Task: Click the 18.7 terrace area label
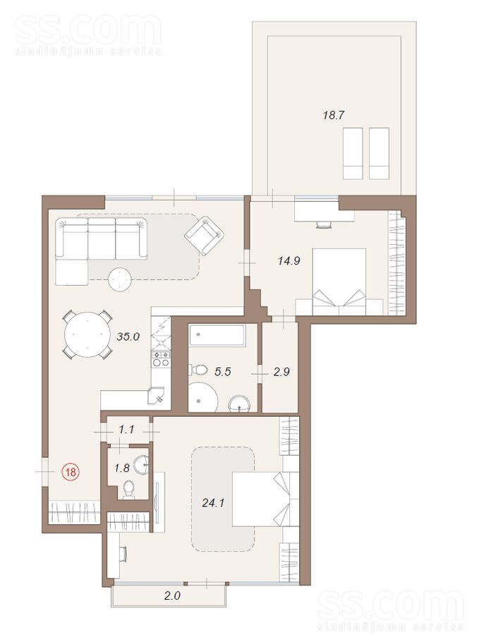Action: [x=333, y=115]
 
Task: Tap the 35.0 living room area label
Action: [x=129, y=337]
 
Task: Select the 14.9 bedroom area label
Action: [x=289, y=260]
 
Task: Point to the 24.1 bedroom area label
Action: [x=213, y=502]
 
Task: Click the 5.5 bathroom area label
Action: [x=223, y=371]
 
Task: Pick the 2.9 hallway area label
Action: [x=281, y=371]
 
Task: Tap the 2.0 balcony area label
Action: [x=172, y=595]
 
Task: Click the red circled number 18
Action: [x=71, y=472]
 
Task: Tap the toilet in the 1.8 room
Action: [x=128, y=490]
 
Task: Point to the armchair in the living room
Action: [x=205, y=235]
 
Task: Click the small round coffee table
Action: [x=120, y=279]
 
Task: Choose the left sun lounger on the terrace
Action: [x=353, y=154]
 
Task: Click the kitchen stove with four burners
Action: [x=161, y=358]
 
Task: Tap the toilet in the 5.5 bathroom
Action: [x=198, y=370]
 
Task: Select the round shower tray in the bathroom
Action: [x=202, y=396]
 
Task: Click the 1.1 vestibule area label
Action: [x=127, y=430]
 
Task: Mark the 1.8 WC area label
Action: [x=123, y=468]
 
